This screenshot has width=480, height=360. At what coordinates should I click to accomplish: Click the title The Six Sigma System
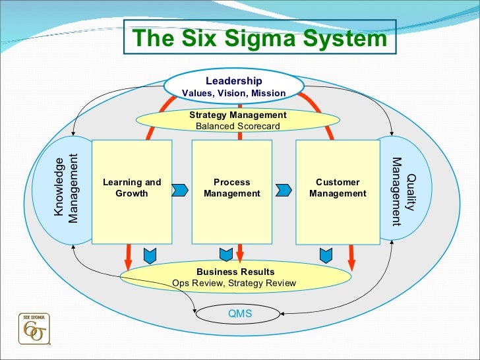click(x=260, y=39)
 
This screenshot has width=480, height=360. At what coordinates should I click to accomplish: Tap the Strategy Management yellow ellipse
click(x=237, y=120)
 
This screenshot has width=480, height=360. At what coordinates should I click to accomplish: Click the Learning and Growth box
click(x=132, y=188)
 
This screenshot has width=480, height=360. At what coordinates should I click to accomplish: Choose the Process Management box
click(x=232, y=188)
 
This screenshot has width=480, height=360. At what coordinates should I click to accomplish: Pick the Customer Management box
click(x=338, y=188)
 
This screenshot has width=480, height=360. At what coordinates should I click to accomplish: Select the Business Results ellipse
click(x=235, y=277)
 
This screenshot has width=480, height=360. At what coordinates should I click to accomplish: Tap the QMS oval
click(x=240, y=314)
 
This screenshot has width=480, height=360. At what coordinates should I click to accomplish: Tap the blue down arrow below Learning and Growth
click(x=149, y=253)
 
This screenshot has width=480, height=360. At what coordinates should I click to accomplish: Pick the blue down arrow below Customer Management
click(x=326, y=253)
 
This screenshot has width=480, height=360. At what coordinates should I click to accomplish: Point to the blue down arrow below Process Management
click(x=225, y=253)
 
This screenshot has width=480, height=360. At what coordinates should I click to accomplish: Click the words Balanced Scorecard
click(x=238, y=126)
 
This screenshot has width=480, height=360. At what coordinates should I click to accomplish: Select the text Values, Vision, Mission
click(x=234, y=93)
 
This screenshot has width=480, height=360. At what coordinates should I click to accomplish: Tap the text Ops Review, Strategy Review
click(x=234, y=284)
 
